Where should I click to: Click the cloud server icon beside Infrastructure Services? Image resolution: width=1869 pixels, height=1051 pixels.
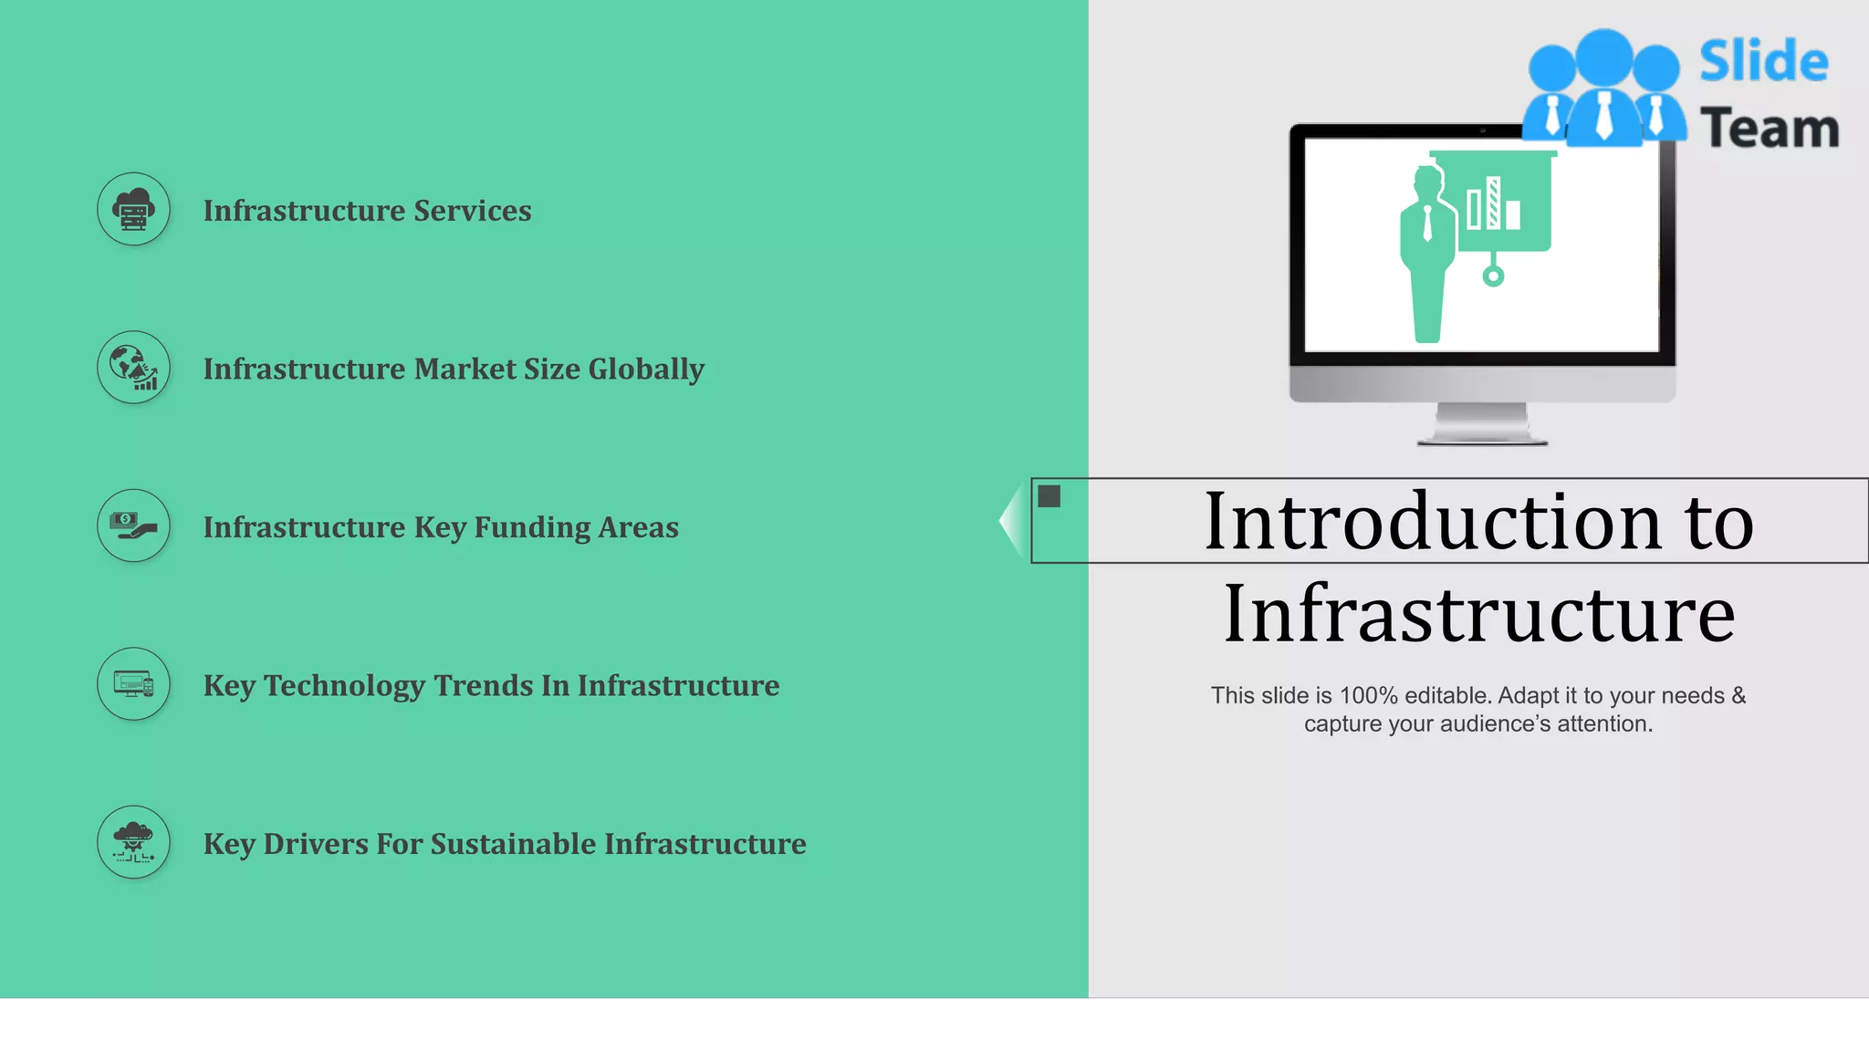133,210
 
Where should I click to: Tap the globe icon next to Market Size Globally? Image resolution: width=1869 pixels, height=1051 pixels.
133,368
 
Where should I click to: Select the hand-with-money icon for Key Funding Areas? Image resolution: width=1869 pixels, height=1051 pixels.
133,525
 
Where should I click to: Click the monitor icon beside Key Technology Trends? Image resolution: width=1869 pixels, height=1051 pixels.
133,684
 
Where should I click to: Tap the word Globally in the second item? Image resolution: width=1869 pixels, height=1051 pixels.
646,369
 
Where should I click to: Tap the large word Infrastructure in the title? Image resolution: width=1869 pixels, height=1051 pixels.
1478,614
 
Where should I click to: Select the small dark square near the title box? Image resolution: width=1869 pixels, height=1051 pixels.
1049,496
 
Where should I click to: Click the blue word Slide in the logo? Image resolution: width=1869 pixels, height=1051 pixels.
1763,62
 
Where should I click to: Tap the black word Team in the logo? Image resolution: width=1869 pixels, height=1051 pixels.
1769,129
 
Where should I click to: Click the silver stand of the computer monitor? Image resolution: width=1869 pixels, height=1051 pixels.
1482,424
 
